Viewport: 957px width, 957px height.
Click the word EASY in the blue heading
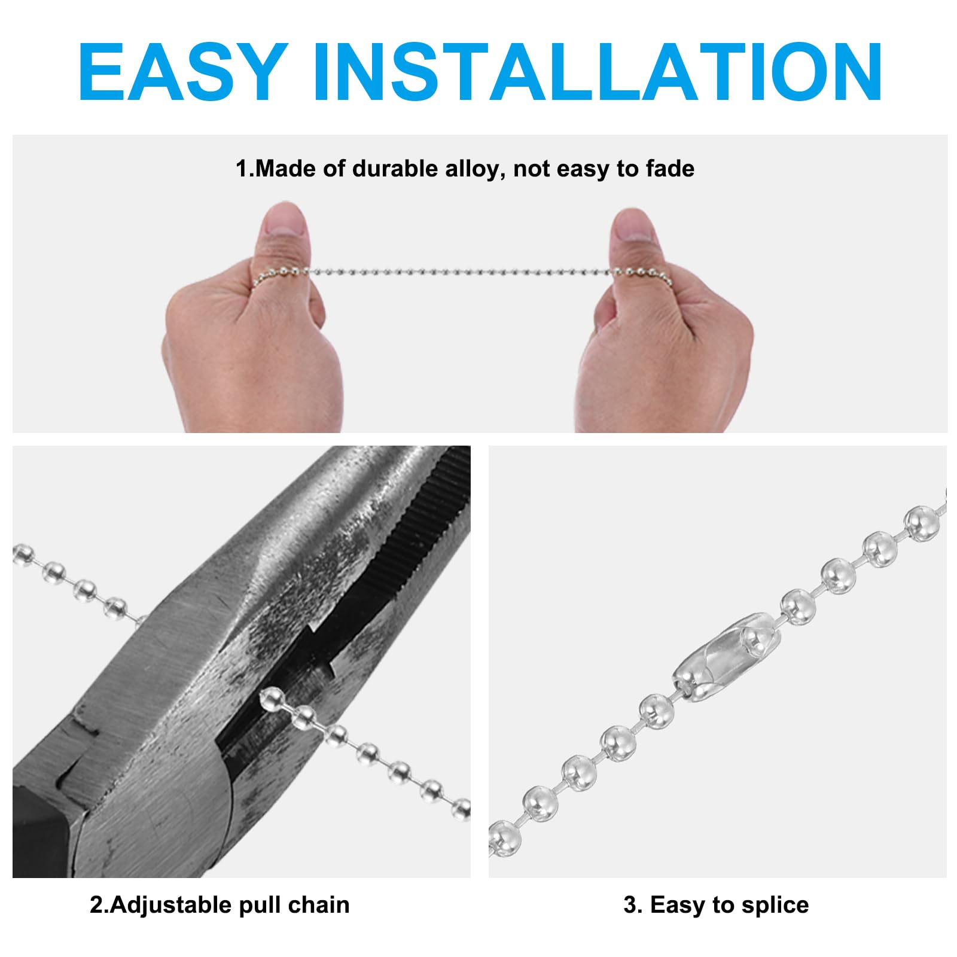[x=183, y=72]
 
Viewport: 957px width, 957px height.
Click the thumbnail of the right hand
[x=633, y=224]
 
